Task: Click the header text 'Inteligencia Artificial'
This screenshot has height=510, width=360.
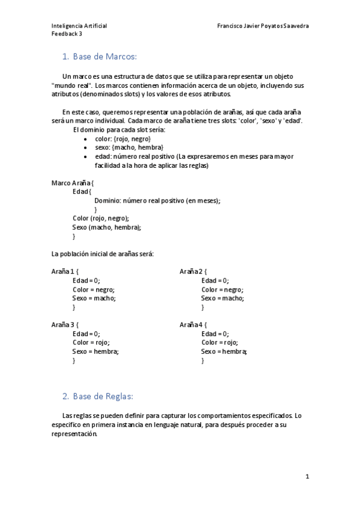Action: [79, 26]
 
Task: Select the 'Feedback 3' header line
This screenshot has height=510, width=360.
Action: [67, 34]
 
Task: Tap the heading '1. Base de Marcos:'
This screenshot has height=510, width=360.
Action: [100, 57]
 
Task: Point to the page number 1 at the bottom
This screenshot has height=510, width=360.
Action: [307, 477]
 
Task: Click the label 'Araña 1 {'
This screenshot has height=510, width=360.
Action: [65, 271]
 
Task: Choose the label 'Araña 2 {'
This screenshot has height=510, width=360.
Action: [193, 271]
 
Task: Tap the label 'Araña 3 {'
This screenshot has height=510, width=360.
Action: [65, 325]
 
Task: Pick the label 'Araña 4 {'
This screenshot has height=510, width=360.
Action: [193, 325]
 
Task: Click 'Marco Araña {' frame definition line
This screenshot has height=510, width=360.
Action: [73, 183]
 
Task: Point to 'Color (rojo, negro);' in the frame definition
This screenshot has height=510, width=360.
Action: [100, 218]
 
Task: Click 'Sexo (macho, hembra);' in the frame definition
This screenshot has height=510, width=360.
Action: [106, 227]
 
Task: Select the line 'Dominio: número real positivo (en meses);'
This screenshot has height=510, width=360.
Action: [157, 200]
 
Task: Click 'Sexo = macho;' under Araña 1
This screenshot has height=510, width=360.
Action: [94, 298]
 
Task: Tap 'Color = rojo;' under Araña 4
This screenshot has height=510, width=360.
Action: [219, 342]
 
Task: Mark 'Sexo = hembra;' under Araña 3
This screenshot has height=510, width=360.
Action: [96, 351]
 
